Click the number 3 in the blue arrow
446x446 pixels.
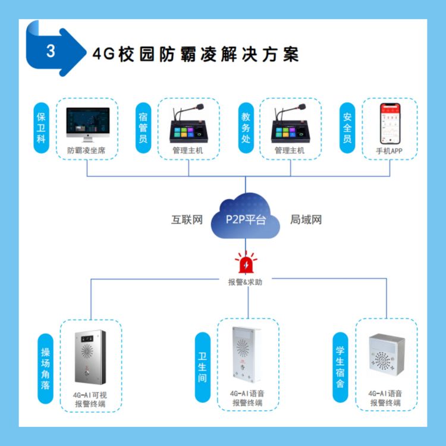pyautogui.click(x=50, y=51)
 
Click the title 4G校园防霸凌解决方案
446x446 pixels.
pyautogui.click(x=196, y=54)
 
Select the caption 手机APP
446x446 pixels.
pyautogui.click(x=390, y=151)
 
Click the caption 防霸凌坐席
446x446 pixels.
pyautogui.click(x=88, y=151)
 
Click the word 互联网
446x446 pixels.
pyautogui.click(x=187, y=220)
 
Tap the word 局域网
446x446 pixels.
pyautogui.click(x=306, y=220)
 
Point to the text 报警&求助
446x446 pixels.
pyautogui.click(x=245, y=282)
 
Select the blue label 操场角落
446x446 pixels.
pyautogui.click(x=45, y=369)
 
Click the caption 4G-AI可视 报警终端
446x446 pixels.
pyautogui.click(x=90, y=398)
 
